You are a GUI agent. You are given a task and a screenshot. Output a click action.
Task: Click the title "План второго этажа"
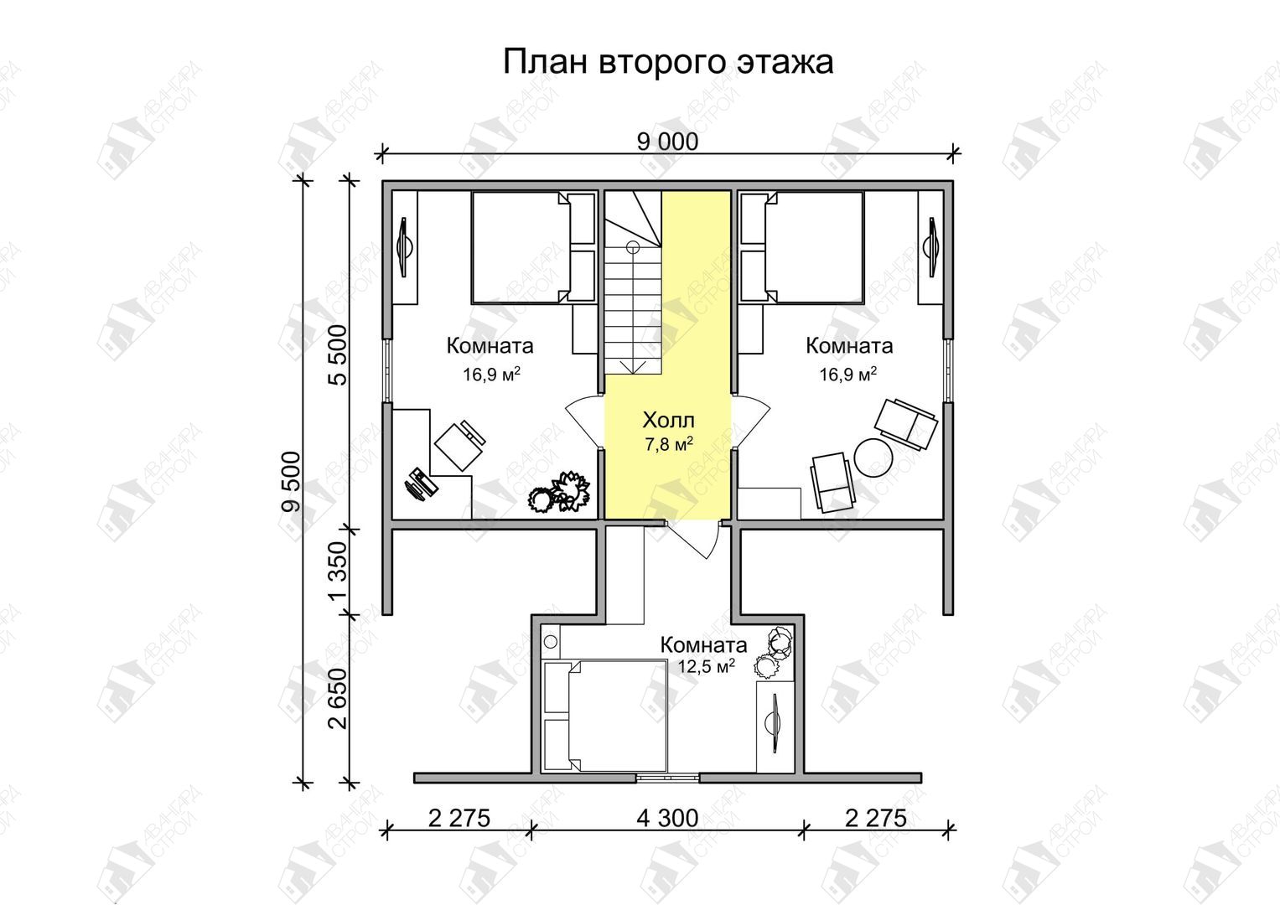point(667,62)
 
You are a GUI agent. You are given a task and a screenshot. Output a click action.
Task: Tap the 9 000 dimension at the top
point(667,142)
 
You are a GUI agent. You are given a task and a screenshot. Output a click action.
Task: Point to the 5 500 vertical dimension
point(338,354)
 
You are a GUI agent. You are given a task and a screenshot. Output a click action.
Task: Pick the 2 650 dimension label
point(338,699)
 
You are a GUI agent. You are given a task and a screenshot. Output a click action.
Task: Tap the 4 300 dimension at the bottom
point(667,819)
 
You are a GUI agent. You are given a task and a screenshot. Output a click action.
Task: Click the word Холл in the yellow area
point(669,420)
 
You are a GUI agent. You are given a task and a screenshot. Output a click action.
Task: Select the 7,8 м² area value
point(669,444)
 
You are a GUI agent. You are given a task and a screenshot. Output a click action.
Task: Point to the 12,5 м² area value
point(706,666)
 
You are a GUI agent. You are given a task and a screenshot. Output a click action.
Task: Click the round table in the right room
point(873,457)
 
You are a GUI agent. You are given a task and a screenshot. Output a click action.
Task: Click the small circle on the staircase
point(633,247)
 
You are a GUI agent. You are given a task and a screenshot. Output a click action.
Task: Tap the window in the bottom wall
point(667,777)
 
